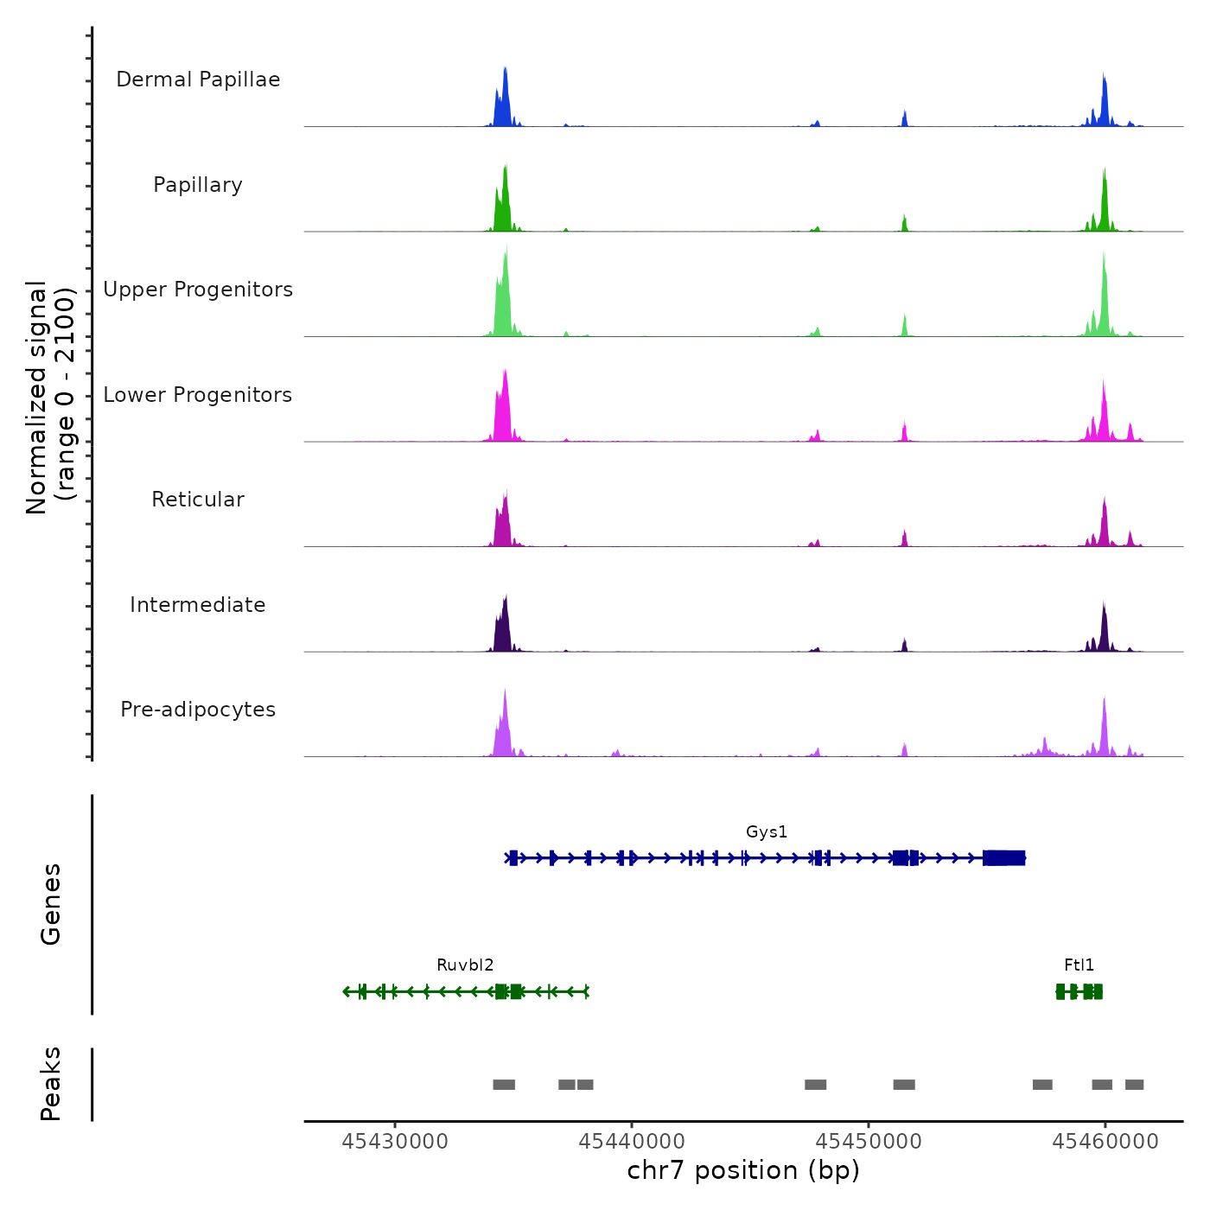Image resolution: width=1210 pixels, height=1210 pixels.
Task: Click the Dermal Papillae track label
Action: tap(198, 80)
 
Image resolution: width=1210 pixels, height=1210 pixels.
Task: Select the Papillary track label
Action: tap(198, 185)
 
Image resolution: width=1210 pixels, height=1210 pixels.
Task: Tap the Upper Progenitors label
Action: tap(198, 290)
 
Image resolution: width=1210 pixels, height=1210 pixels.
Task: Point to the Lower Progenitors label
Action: tap(198, 395)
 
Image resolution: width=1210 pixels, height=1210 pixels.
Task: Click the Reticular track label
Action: tap(198, 500)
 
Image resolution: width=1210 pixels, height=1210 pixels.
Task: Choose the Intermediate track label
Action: tap(198, 605)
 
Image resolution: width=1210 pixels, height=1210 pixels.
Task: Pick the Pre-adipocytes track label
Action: tap(198, 710)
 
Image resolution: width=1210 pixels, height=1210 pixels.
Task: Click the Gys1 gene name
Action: tap(767, 832)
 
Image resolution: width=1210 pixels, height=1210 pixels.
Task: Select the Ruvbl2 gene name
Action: tap(465, 965)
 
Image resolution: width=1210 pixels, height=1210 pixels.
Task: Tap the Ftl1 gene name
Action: tap(1079, 965)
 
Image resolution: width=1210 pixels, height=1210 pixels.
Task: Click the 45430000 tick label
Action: tap(395, 1142)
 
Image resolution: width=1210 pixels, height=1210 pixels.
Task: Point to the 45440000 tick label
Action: tap(632, 1142)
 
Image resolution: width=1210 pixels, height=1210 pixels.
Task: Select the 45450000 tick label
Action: tap(869, 1142)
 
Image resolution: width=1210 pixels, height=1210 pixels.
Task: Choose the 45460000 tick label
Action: tap(1105, 1142)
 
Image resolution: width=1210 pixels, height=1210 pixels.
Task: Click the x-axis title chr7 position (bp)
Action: tap(743, 1171)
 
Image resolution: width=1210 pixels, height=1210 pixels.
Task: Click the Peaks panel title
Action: tap(51, 1084)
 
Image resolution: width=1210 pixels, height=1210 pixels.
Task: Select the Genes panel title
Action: tap(51, 904)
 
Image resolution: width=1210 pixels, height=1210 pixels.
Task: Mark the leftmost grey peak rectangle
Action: tap(504, 1085)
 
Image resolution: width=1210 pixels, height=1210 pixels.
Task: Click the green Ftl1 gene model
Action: tap(1079, 991)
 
